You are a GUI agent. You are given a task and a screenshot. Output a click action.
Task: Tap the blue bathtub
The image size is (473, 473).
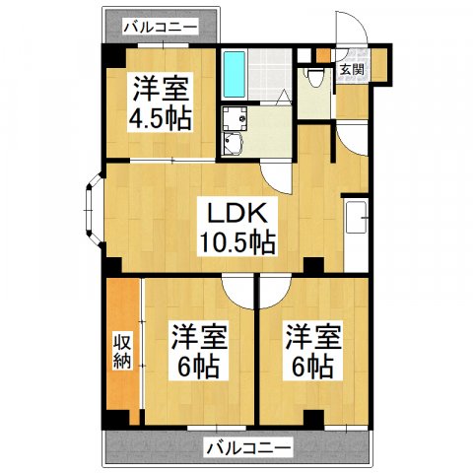point(234,72)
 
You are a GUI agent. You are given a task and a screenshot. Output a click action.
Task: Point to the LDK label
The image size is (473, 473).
point(234,211)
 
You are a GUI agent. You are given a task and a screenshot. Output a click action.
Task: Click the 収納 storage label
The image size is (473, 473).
point(122,353)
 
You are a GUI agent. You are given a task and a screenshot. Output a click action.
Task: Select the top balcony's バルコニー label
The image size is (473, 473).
point(161,27)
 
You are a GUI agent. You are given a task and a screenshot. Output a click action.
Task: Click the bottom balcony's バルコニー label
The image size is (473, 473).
point(248,448)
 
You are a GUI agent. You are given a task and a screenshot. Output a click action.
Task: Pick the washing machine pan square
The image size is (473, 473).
point(235,119)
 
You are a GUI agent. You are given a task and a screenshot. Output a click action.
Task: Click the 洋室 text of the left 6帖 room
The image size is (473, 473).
point(198,337)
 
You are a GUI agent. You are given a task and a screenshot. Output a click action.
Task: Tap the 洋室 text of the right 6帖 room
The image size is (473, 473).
point(313,337)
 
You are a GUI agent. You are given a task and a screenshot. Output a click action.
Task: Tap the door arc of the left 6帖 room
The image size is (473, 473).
point(237,288)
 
